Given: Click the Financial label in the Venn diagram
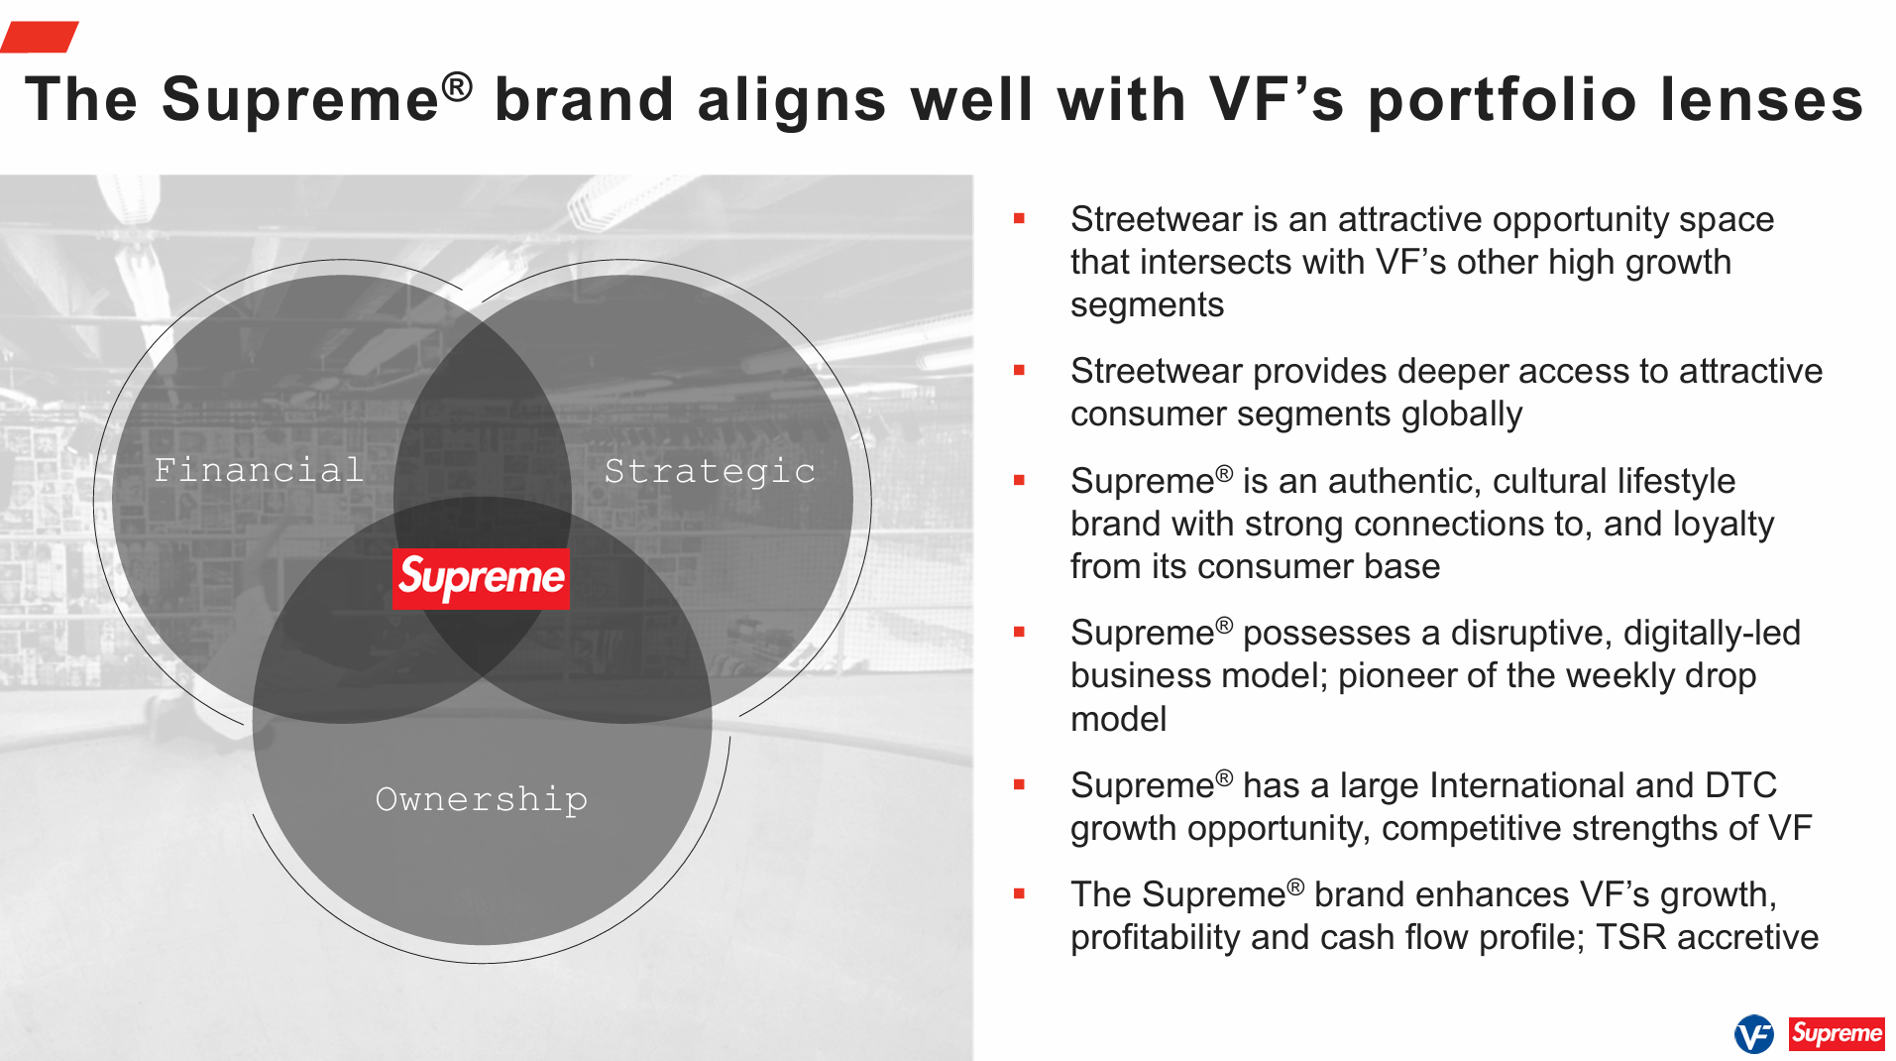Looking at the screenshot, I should [259, 470].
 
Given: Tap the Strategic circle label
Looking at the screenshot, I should [710, 471].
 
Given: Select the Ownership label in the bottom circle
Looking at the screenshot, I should [482, 799].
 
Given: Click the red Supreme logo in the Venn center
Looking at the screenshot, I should [481, 578].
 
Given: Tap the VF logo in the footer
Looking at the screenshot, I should [1753, 1034].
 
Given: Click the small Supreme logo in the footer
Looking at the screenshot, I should [1836, 1034].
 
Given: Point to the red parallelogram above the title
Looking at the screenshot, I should [40, 37].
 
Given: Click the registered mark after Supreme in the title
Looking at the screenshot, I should [457, 86].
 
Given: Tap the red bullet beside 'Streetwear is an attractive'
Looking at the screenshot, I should [1019, 219].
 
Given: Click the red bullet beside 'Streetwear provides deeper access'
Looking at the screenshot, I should [1019, 371].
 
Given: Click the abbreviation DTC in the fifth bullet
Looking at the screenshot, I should [1740, 785].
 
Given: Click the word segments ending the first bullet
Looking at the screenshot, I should [1147, 305].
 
